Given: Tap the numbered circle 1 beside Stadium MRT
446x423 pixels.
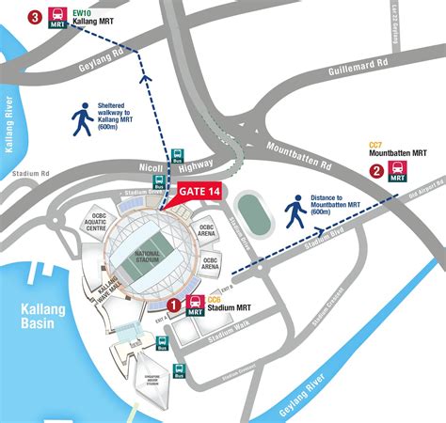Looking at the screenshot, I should point(173,305).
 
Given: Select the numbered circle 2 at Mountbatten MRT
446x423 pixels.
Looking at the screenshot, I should point(376,171).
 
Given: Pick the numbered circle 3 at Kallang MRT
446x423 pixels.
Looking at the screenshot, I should point(36,17).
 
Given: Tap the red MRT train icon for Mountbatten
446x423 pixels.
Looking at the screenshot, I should point(398,171).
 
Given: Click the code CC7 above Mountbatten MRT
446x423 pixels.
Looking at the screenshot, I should point(374,145).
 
